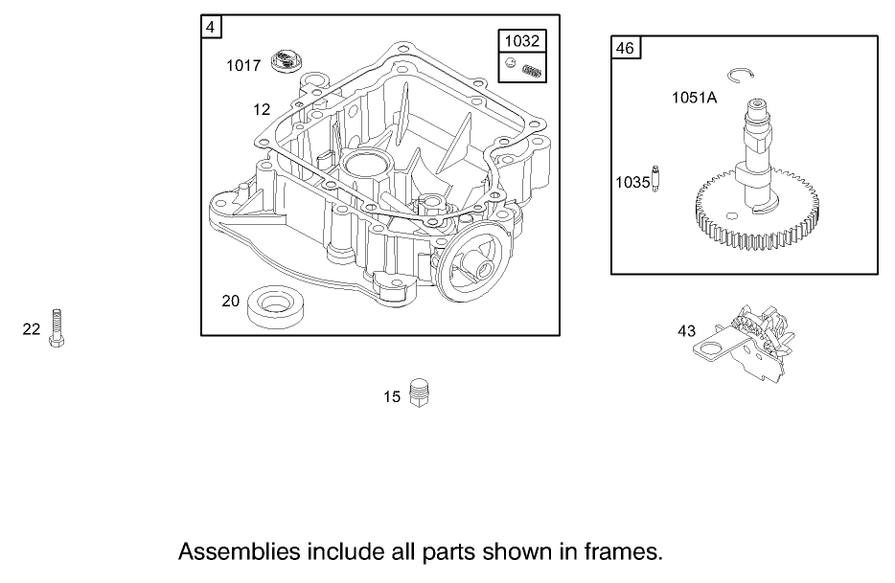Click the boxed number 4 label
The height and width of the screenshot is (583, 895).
pyautogui.click(x=210, y=27)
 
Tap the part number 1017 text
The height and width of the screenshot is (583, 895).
pyautogui.click(x=243, y=65)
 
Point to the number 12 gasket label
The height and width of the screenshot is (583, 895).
pyautogui.click(x=262, y=109)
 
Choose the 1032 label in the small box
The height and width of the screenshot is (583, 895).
pyautogui.click(x=522, y=40)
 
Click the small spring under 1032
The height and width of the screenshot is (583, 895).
pyautogui.click(x=533, y=67)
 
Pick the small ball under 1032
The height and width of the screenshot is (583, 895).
pyautogui.click(x=513, y=64)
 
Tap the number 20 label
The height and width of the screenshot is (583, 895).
pyautogui.click(x=230, y=301)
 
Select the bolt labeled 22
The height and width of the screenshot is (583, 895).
pyautogui.click(x=57, y=328)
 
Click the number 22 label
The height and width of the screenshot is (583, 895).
pyautogui.click(x=32, y=329)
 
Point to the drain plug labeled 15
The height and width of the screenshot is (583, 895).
pyautogui.click(x=417, y=393)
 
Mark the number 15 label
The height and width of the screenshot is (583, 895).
pyautogui.click(x=392, y=396)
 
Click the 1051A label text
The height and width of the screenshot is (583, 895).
pyautogui.click(x=693, y=98)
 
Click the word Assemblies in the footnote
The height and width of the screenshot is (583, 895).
pyautogui.click(x=239, y=552)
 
